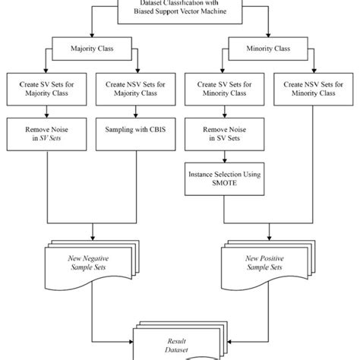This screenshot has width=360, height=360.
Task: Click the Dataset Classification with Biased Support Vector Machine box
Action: (180, 10)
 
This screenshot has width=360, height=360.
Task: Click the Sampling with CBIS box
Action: (135, 131)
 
